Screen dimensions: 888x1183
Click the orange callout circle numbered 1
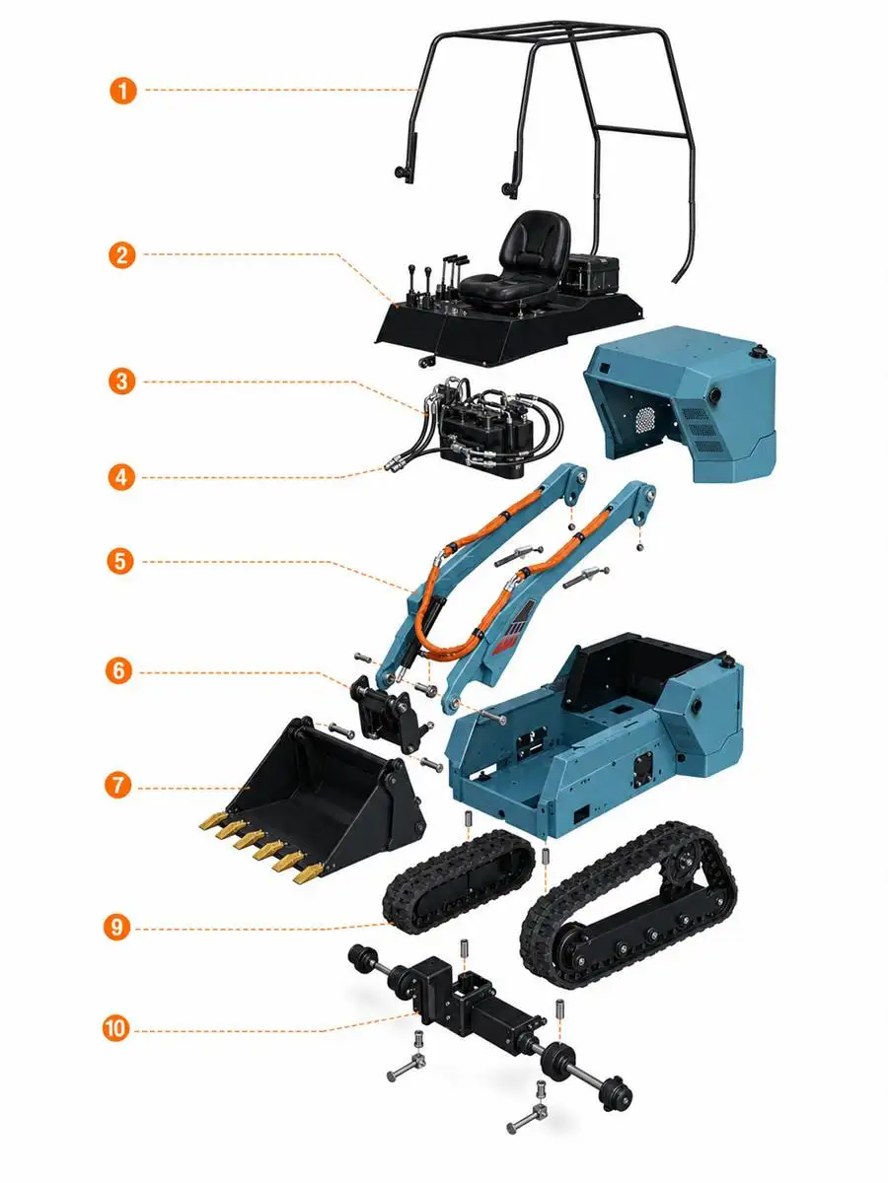pos(123,91)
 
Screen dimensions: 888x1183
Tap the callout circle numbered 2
pos(121,254)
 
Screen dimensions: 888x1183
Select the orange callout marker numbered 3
pos(121,382)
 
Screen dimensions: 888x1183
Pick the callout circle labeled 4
pos(121,477)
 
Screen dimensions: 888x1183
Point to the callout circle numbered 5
pos(120,561)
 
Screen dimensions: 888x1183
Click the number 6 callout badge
pos(119,671)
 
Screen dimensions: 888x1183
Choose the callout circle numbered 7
pos(118,785)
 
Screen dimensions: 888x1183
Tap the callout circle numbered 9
pos(117,927)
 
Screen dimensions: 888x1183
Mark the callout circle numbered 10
pos(115,1028)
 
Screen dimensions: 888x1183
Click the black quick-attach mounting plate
pos(390,713)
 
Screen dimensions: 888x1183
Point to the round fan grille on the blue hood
pos(644,418)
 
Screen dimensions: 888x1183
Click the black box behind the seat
pos(592,275)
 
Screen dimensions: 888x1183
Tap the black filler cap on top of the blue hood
pos(761,354)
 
